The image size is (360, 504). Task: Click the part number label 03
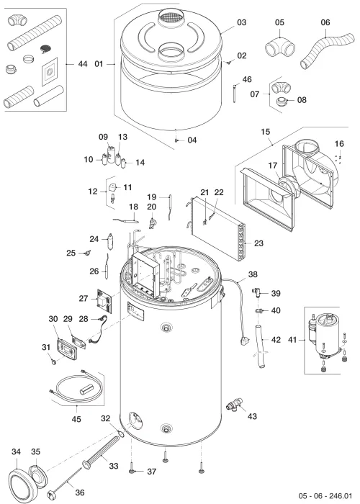tap(242, 22)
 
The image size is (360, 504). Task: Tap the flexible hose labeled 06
tap(325, 50)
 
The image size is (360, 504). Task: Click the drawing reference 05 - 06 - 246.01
tap(325, 495)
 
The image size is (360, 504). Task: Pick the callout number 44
tap(83, 64)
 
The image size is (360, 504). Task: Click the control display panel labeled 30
tap(68, 347)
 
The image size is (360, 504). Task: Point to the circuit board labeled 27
tap(105, 300)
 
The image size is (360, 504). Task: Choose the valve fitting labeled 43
tap(235, 403)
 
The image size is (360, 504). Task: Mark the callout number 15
tap(266, 132)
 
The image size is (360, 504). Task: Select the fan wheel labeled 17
tap(289, 186)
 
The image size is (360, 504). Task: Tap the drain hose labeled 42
tap(260, 346)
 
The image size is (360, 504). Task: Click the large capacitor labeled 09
tap(112, 154)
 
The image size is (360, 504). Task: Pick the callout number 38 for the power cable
tap(253, 274)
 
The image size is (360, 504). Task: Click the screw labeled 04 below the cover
tap(176, 140)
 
